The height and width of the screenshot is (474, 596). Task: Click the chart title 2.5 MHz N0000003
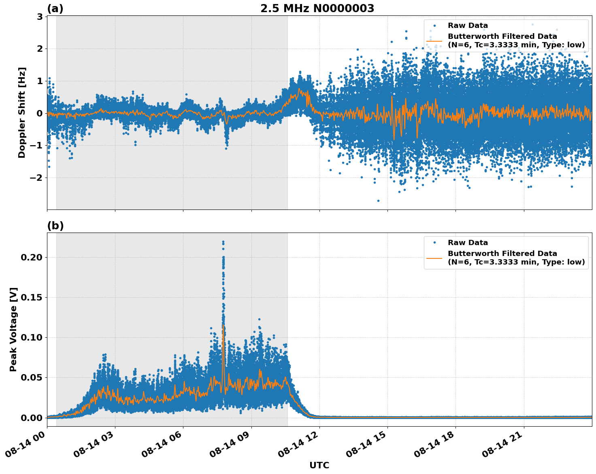(x=317, y=8)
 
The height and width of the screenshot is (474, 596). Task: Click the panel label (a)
(x=55, y=8)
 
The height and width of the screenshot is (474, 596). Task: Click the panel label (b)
(x=55, y=226)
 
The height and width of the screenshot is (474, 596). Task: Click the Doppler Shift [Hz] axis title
(x=22, y=112)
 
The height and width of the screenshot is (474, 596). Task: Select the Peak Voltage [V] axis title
(x=13, y=329)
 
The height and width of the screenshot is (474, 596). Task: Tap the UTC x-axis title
(x=319, y=465)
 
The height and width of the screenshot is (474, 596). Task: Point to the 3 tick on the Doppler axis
(x=40, y=17)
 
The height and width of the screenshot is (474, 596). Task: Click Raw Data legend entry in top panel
(x=468, y=25)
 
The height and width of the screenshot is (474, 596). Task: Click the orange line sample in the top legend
(x=434, y=40)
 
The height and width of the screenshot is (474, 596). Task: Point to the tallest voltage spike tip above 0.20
(x=223, y=242)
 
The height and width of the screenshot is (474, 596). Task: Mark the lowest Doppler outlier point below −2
(x=378, y=201)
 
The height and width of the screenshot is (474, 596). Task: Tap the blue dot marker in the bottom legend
(x=434, y=243)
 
